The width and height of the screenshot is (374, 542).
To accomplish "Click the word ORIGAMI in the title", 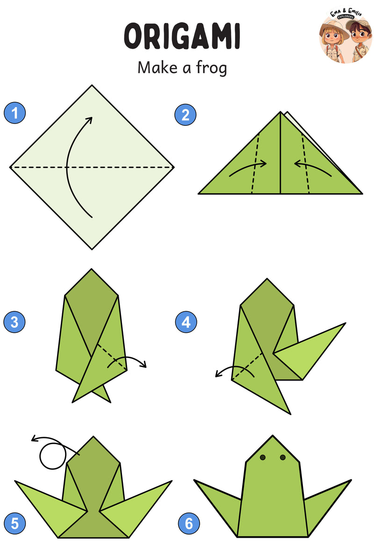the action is point(182,36).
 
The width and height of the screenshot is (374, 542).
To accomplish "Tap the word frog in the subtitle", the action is point(211,68).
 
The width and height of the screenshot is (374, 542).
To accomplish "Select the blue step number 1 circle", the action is point(15,113).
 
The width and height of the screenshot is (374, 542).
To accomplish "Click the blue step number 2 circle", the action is point(186,115).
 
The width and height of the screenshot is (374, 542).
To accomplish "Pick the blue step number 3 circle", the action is point(14,322).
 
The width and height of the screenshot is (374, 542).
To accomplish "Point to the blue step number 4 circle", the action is point(186,322).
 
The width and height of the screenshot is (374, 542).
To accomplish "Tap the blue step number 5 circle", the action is point(15,523).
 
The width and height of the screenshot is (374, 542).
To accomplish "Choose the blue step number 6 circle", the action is point(189,523).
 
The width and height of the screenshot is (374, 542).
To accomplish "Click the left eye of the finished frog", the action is point(262,457).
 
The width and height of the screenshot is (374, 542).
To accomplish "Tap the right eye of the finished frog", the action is point(283,457).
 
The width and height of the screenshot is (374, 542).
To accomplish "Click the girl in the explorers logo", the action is point(333,40).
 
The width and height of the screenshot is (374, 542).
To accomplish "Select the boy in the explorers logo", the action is point(359,40).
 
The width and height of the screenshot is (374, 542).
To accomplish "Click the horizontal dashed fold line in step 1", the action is point(92,167).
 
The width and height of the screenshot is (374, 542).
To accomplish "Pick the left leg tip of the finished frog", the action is point(194,480).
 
